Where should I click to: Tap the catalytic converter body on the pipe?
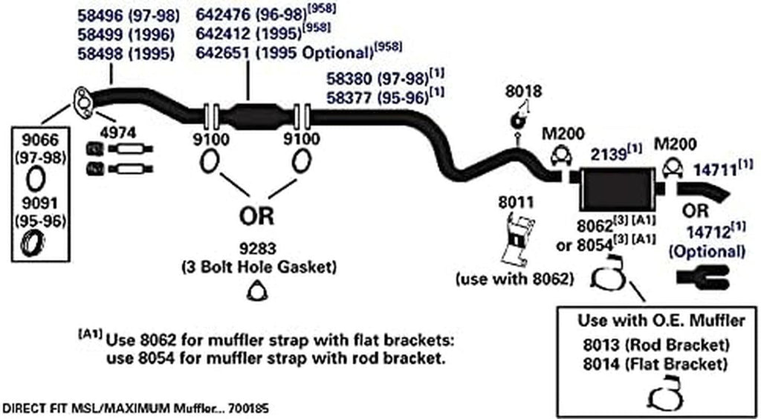254,118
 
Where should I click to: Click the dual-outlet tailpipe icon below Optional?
709,278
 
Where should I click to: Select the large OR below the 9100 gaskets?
256,216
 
